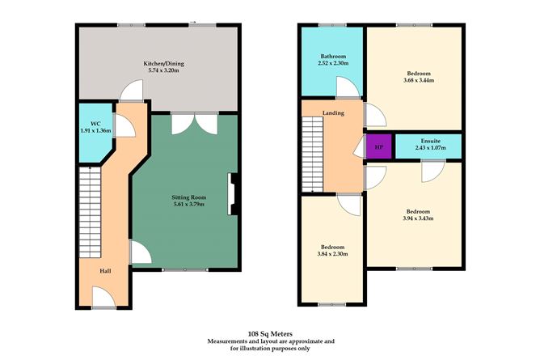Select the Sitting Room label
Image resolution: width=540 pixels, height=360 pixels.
point(187,197)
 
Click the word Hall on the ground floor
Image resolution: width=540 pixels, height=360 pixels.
point(106,271)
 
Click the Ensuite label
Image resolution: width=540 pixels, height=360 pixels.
point(428,140)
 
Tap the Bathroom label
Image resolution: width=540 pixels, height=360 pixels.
point(331,56)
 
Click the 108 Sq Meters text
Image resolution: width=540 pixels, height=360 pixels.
point(270,332)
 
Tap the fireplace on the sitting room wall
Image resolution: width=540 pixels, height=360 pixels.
point(233,195)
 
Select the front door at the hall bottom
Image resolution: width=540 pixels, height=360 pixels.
point(105,301)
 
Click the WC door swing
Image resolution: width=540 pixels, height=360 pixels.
point(125,124)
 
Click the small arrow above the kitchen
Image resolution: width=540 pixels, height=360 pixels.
point(192,23)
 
